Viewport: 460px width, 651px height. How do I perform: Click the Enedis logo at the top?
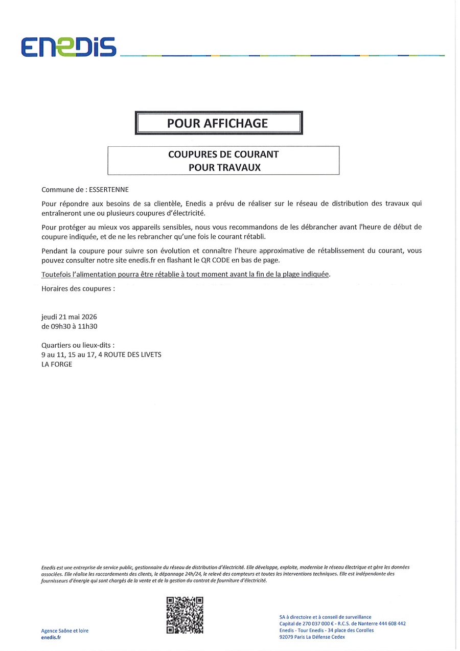[68, 47]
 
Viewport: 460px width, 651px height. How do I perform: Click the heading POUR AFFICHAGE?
[218, 123]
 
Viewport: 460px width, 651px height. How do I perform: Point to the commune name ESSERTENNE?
[109, 189]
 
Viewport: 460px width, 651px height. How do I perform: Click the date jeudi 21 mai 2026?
[69, 317]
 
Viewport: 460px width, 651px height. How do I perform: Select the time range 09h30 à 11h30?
[69, 326]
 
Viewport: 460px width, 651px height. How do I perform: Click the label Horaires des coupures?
[78, 288]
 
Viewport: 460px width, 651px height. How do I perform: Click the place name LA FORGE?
[57, 364]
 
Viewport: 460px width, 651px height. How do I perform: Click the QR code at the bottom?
[185, 615]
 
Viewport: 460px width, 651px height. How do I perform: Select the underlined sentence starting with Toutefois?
[186, 274]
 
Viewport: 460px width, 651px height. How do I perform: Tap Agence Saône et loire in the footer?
[65, 631]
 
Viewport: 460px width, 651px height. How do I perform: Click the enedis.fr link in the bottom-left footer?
[51, 637]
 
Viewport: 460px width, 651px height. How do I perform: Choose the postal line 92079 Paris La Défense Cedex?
[312, 637]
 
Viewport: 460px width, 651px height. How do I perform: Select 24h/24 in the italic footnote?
[192, 574]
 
